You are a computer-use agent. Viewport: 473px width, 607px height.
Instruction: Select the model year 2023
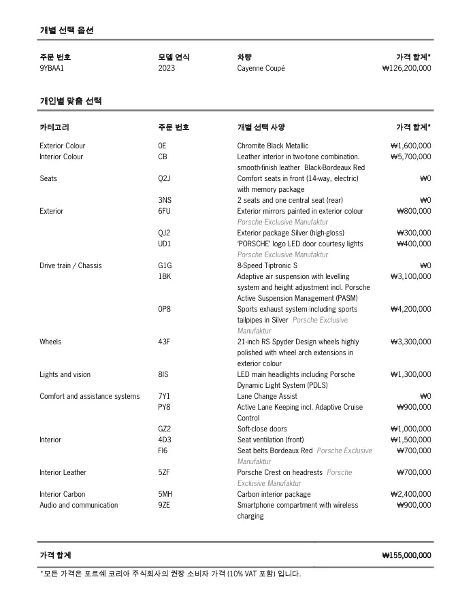point(166,68)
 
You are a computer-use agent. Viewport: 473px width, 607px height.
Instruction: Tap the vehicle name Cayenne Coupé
point(261,68)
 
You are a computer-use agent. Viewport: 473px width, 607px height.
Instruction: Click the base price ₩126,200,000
point(406,68)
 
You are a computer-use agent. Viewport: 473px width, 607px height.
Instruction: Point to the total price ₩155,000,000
point(406,555)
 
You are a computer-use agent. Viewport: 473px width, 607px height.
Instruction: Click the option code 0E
point(162,146)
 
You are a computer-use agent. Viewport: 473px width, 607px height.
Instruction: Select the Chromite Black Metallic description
point(272,146)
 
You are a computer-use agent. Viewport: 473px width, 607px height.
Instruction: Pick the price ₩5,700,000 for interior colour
point(410,157)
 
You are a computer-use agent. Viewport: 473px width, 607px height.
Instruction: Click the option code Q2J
point(164,178)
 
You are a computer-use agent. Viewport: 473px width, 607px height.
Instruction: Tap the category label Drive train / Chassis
point(70,265)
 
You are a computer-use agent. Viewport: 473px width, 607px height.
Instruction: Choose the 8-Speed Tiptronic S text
point(267,265)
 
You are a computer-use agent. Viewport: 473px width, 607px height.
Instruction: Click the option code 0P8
point(164,309)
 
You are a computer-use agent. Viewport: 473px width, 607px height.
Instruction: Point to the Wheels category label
point(50,342)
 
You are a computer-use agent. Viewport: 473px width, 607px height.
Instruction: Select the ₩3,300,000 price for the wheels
point(410,342)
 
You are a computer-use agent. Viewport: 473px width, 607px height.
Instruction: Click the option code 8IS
point(163,374)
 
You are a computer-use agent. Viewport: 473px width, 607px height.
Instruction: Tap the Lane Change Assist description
point(267,396)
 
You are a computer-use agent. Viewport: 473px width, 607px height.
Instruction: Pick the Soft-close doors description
point(262,429)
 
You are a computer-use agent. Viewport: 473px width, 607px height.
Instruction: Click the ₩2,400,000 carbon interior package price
point(410,494)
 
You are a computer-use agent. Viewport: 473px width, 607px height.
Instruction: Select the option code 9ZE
point(164,505)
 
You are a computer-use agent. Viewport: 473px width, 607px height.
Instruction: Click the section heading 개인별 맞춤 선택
point(70,101)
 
